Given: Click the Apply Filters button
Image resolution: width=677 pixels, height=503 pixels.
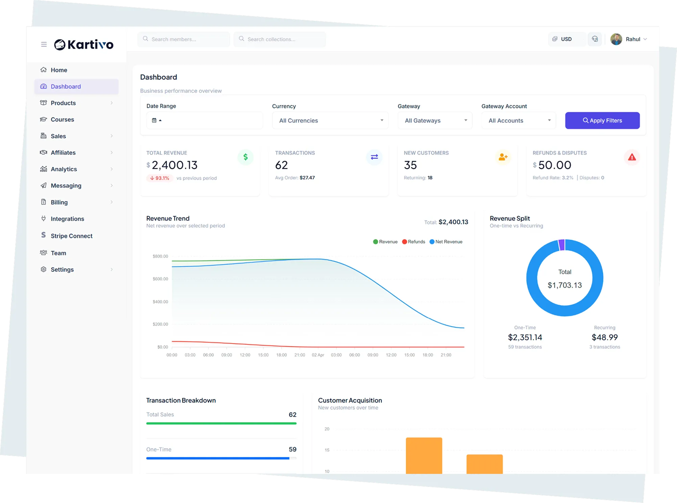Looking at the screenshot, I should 602,121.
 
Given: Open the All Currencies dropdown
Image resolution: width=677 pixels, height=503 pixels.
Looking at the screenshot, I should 330,121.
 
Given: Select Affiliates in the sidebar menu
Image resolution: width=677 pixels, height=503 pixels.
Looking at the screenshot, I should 63,153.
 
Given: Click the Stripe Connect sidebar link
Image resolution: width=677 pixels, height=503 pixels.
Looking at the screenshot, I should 71,236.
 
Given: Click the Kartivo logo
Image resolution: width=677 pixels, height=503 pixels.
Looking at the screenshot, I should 84,44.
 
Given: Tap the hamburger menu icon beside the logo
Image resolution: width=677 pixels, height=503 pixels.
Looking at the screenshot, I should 44,44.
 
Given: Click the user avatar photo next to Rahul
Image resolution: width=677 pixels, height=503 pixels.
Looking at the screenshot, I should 616,39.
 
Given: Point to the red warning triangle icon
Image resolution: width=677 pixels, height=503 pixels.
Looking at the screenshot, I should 632,157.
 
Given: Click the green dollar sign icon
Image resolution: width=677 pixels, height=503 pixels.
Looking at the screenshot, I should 246,157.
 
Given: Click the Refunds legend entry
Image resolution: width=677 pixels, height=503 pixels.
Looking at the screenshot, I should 413,242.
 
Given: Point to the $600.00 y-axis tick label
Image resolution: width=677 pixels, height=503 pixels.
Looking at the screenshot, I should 160,279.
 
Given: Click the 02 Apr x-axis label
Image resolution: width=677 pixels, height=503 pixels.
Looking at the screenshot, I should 318,355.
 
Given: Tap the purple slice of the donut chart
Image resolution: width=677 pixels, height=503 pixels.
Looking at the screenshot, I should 562,245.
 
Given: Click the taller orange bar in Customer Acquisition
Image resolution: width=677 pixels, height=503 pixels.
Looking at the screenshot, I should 424,455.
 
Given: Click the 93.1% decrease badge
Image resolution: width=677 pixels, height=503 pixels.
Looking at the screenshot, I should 160,178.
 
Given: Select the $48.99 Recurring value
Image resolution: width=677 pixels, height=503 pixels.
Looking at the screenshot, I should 604,337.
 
